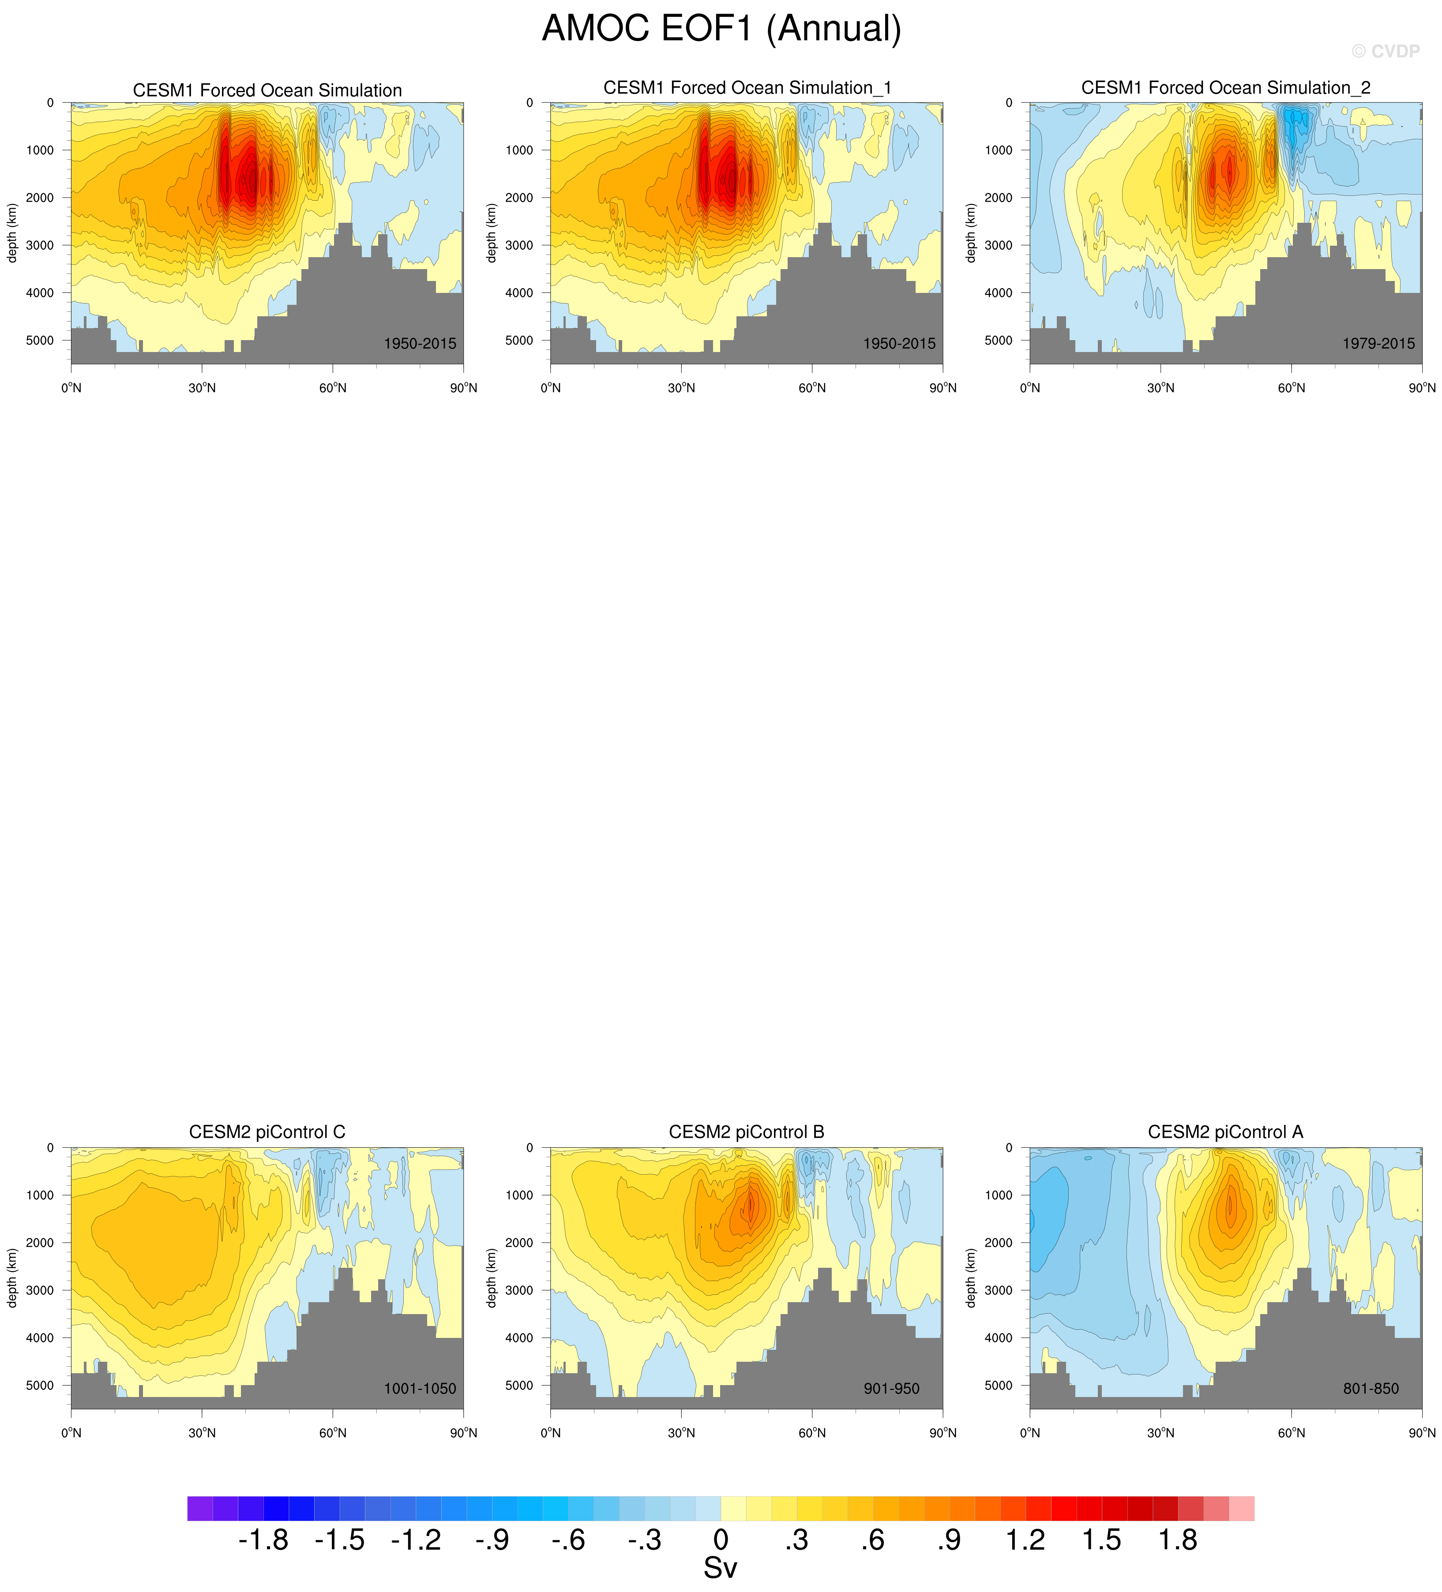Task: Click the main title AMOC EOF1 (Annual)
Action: [x=721, y=29]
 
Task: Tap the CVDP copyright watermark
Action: [x=1385, y=51]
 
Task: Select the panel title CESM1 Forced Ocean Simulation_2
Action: [x=1226, y=88]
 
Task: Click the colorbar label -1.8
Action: [x=263, y=1540]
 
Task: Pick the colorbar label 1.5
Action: [x=1102, y=1540]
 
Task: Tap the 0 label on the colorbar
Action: [x=720, y=1540]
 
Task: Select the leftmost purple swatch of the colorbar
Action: [x=200, y=1508]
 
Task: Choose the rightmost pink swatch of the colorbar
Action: [x=1241, y=1508]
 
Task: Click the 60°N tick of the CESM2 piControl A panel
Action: [x=1291, y=1432]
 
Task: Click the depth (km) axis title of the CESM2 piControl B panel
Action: [x=491, y=1278]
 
